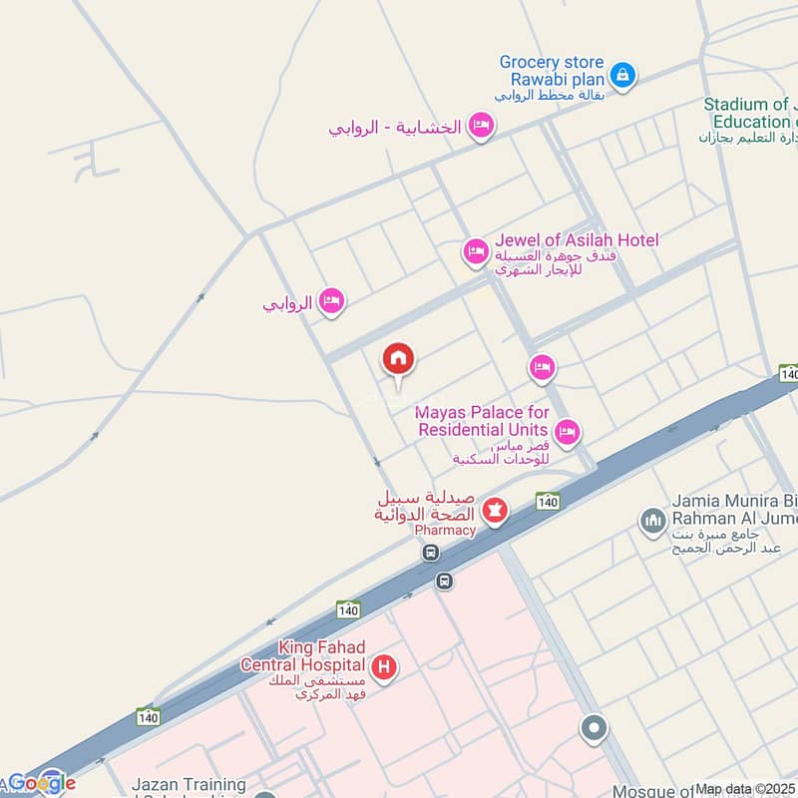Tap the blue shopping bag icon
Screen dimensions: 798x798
point(622,75)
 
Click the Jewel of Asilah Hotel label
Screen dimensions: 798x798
point(577,240)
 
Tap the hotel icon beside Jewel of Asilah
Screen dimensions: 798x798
point(476,252)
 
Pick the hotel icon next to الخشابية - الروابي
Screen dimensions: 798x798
point(482,127)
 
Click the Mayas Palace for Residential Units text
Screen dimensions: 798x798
point(483,420)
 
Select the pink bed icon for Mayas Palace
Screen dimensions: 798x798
point(568,432)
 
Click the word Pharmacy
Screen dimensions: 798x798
point(445,530)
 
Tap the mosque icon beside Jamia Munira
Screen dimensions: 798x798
point(652,521)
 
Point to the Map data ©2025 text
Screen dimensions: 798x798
point(745,789)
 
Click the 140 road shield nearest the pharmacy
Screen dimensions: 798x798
point(547,500)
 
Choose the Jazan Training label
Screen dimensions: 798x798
point(189,786)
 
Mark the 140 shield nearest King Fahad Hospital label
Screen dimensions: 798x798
point(347,609)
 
